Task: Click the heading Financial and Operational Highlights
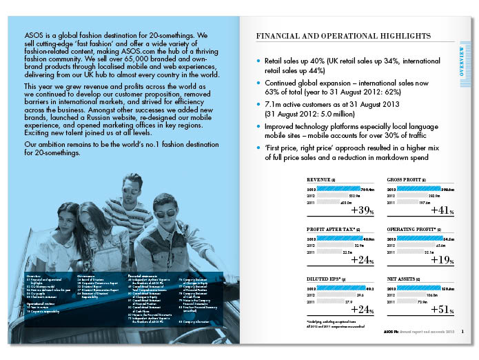tap(343, 36)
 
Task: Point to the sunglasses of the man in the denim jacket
tap(165, 212)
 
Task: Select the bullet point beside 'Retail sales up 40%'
tap(258, 61)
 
